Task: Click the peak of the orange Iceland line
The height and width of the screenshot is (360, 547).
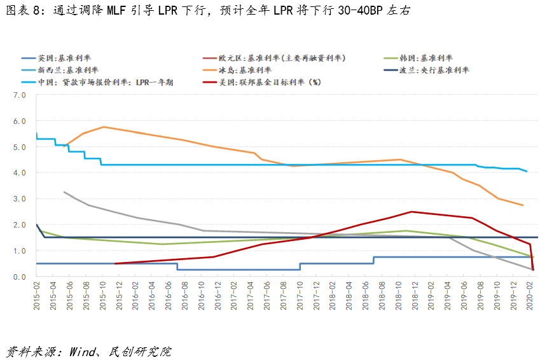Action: tap(104, 127)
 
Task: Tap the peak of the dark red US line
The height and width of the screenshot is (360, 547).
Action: tap(412, 211)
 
